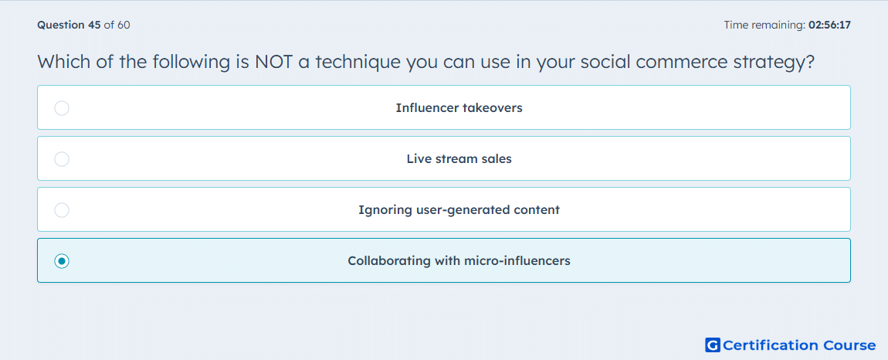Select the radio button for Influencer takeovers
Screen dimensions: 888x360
62,107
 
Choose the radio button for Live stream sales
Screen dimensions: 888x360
62,159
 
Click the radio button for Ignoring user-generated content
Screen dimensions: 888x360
62,210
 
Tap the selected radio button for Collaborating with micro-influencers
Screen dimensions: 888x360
62,261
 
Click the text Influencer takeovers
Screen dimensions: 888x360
459,107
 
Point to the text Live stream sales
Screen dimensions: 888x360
459,159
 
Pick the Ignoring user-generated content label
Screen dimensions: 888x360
459,210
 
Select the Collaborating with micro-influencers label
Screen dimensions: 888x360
459,261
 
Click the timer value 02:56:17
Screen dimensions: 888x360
829,25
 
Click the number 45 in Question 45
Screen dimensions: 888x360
94,25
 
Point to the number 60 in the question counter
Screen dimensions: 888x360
124,25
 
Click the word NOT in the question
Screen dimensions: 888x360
273,61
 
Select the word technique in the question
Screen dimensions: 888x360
358,63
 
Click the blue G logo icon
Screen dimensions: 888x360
713,345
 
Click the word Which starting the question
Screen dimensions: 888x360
62,61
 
